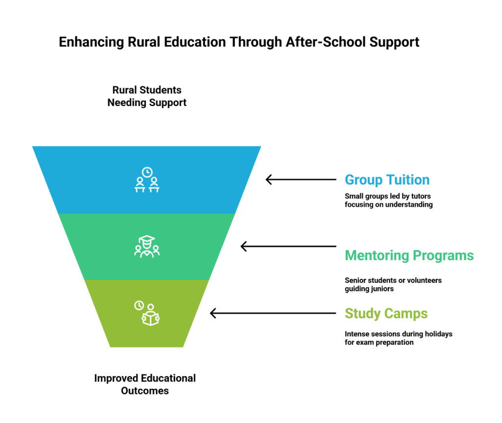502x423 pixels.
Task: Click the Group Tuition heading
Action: tap(387, 180)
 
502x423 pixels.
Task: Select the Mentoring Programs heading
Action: tap(409, 255)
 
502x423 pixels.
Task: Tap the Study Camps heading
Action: tap(386, 313)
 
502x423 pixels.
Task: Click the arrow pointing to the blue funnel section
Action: tap(301, 180)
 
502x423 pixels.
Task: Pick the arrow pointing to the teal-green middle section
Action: tap(288, 247)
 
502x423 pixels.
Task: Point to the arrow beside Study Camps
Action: tap(273, 313)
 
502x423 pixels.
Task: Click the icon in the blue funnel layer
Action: tap(147, 180)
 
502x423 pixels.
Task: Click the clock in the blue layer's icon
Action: tap(147, 172)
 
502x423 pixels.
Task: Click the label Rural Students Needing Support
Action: tap(147, 97)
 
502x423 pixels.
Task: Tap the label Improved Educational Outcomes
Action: tap(145, 385)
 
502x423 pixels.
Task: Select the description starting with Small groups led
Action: tap(388, 200)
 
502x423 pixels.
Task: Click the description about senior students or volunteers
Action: tap(393, 285)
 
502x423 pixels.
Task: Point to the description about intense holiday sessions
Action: tap(398, 338)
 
